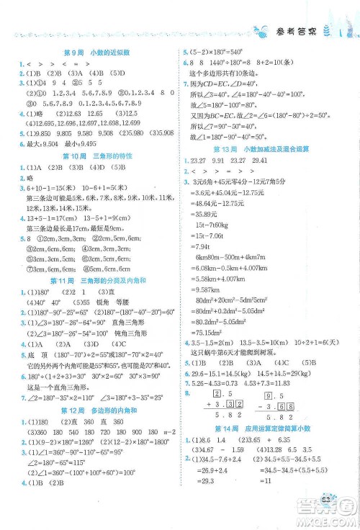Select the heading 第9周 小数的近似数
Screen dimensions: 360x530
94,52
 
